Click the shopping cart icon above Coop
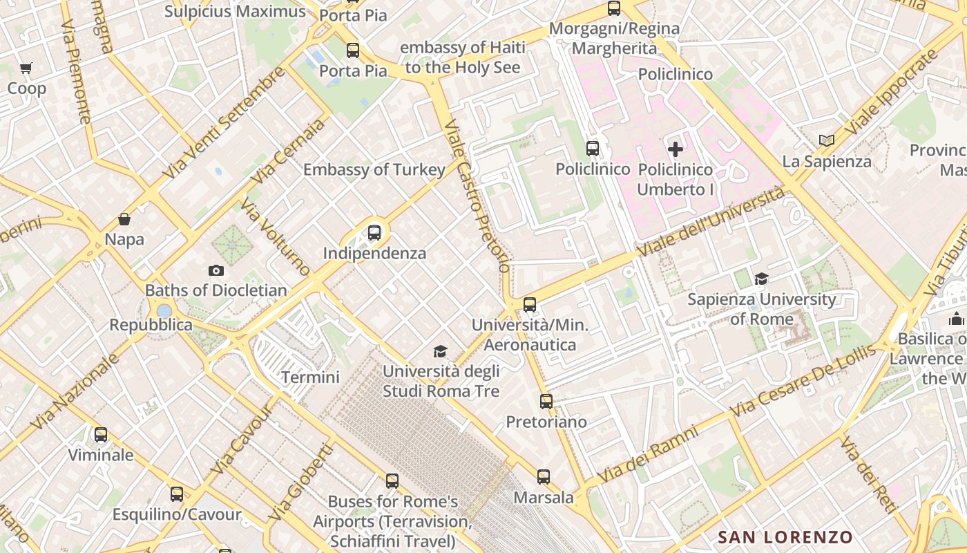[26, 68]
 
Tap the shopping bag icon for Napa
[124, 219]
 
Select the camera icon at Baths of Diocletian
[216, 270]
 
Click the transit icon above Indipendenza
[374, 233]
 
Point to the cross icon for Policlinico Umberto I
[676, 149]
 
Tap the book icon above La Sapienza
[827, 141]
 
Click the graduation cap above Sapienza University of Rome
[762, 279]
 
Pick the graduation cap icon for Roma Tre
[441, 352]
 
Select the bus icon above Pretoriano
[546, 402]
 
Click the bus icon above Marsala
[544, 477]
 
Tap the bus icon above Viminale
[101, 435]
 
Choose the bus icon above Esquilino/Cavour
[177, 494]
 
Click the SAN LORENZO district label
[785, 537]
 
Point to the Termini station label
[310, 377]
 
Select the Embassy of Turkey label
[374, 170]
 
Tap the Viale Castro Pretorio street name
[477, 196]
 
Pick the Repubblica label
[151, 325]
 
